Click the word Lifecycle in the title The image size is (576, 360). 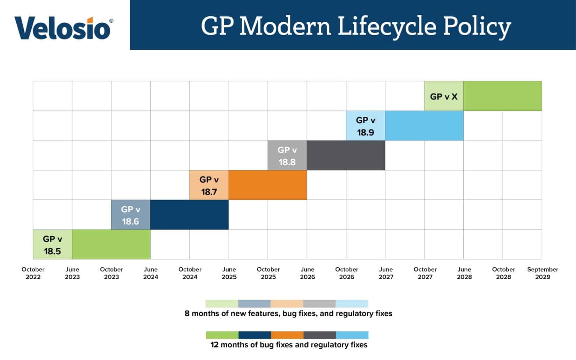(x=387, y=27)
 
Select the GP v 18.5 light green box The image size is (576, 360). (x=52, y=244)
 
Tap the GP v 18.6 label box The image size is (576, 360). (x=131, y=215)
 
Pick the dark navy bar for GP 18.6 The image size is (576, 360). (x=190, y=215)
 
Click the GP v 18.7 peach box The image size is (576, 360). (x=209, y=185)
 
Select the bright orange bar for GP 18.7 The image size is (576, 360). (x=268, y=185)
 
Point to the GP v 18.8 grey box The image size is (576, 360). (x=287, y=155)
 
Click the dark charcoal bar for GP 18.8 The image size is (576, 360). (x=346, y=155)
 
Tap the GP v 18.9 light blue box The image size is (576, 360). (x=365, y=126)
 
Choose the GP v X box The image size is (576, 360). (x=444, y=96)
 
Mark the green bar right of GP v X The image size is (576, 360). (x=503, y=96)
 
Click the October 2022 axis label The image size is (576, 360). (x=33, y=273)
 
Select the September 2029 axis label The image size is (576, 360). (x=542, y=273)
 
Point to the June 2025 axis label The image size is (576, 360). (x=229, y=273)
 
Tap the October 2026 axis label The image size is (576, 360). (x=347, y=273)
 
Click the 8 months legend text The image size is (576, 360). (x=288, y=314)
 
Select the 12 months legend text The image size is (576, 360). (x=289, y=345)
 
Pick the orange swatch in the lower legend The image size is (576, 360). (x=287, y=335)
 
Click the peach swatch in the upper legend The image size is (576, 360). (x=287, y=303)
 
